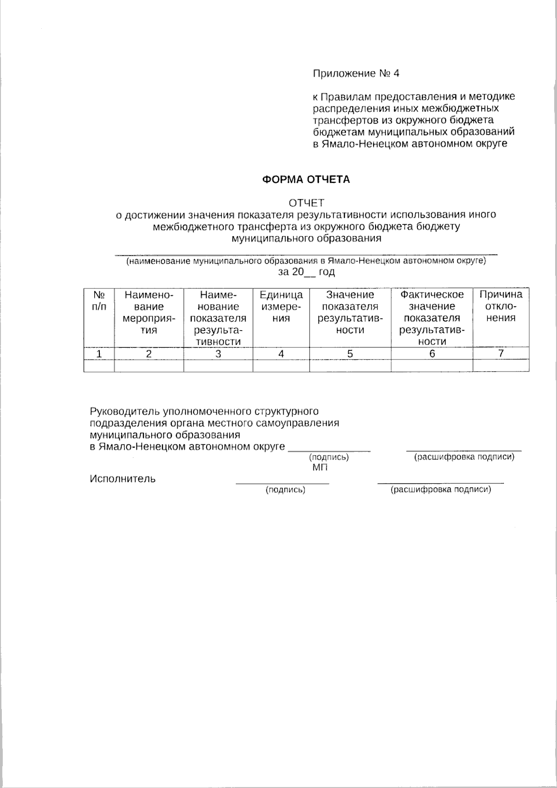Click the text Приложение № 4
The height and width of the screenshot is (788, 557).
[356, 73]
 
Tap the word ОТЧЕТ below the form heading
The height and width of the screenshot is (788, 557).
[306, 203]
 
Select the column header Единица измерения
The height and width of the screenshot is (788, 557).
[281, 306]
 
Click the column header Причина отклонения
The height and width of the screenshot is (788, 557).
[500, 306]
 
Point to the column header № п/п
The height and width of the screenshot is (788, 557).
[99, 300]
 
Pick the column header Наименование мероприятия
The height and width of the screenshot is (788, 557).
[149, 313]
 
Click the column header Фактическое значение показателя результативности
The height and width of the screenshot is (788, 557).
[432, 318]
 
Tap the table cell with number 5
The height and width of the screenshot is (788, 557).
[350, 354]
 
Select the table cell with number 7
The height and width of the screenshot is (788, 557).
[500, 353]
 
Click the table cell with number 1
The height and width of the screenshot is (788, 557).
[99, 354]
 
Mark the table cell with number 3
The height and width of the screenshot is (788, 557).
[218, 354]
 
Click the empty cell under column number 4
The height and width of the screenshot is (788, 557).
[281, 366]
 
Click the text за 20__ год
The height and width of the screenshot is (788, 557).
[306, 272]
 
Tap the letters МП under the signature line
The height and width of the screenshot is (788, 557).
[320, 468]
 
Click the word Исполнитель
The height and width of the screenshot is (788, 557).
[123, 479]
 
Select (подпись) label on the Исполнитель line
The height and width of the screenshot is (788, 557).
[285, 490]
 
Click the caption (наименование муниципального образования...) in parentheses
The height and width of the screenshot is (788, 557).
[306, 261]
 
